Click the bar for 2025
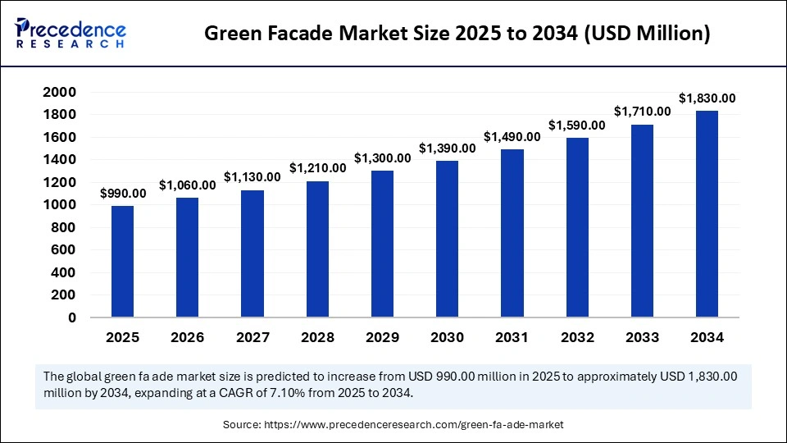pos(122,261)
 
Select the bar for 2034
pos(707,213)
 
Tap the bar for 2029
pos(382,243)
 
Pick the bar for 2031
pos(512,232)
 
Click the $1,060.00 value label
pos(187,185)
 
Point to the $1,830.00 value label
pos(707,98)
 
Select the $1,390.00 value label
pos(447,148)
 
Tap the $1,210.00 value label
pos(317,167)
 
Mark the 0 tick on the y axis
pos(72,317)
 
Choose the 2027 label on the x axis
pos(252,337)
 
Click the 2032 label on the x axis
pos(576,337)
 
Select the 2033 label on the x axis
pos(642,337)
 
